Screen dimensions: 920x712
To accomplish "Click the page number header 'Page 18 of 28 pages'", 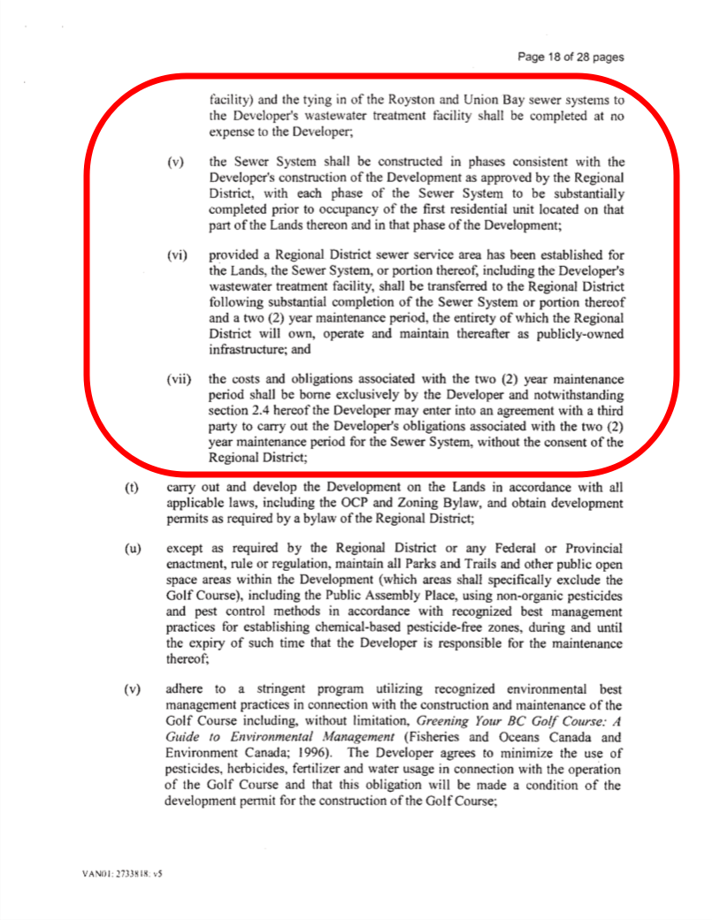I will coord(570,57).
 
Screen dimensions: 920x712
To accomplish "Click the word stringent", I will coord(264,690).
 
